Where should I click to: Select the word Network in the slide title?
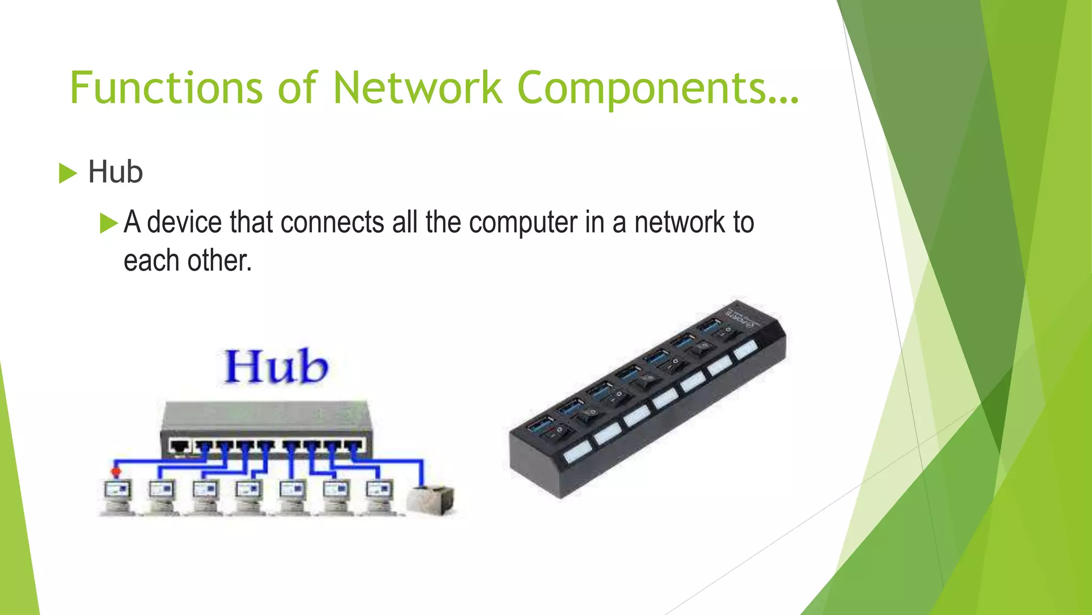[417, 88]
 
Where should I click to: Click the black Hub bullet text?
[115, 172]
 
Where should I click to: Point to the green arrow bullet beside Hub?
[68, 174]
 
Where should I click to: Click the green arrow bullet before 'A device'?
[109, 223]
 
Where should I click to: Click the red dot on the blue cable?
[116, 471]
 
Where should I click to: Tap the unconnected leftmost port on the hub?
[180, 445]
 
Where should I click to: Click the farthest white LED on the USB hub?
[745, 350]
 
